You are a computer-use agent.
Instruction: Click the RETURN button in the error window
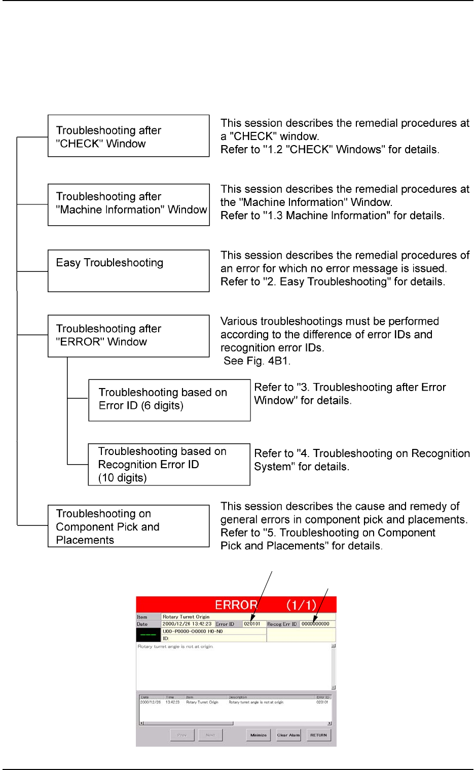click(x=318, y=735)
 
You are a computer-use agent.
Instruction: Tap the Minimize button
click(x=259, y=735)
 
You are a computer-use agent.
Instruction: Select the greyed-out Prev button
click(x=182, y=735)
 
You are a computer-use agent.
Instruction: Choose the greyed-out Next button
click(x=210, y=735)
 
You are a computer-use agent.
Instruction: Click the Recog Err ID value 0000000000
click(x=316, y=624)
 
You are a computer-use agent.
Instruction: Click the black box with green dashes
click(x=149, y=635)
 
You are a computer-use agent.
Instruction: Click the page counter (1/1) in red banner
click(x=301, y=605)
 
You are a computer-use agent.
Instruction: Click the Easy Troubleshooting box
click(x=128, y=270)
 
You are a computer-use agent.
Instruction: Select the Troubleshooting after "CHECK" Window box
click(x=128, y=136)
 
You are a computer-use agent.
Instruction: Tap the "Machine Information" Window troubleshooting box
click(x=128, y=204)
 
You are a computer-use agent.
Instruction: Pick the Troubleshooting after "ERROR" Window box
click(x=128, y=336)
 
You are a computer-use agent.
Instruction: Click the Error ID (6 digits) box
click(x=169, y=400)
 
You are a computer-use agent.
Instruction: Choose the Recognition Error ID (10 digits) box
click(x=169, y=465)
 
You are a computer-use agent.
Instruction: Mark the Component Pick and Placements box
click(x=128, y=526)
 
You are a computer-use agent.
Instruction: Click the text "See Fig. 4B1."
click(x=257, y=361)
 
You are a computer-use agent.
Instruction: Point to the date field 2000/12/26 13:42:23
click(x=187, y=624)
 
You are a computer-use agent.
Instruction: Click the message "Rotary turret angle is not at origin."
click(x=175, y=647)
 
